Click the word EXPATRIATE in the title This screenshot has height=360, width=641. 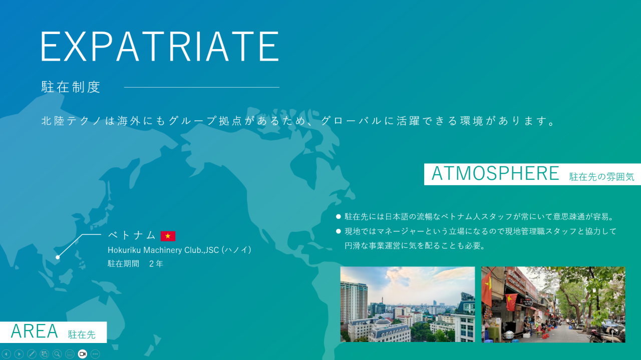[x=160, y=46]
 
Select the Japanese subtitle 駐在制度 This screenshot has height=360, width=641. [x=71, y=87]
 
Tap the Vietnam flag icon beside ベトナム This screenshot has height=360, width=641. [x=168, y=236]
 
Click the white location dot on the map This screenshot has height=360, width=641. [x=58, y=257]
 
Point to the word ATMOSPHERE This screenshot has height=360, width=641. [x=495, y=173]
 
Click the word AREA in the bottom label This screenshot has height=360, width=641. [x=35, y=331]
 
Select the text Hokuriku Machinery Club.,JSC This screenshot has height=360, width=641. [x=163, y=250]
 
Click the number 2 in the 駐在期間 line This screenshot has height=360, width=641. [x=151, y=263]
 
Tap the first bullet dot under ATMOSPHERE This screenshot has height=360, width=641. [x=338, y=217]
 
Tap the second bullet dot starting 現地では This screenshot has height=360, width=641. [x=338, y=231]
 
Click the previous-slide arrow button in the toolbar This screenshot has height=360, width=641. [x=7, y=354]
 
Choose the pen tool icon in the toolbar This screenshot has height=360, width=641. [x=32, y=354]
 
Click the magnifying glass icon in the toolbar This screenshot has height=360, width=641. [x=57, y=354]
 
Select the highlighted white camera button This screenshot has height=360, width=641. [x=83, y=354]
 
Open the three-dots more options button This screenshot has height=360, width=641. [x=95, y=354]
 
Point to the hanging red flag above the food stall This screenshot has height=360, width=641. [x=511, y=302]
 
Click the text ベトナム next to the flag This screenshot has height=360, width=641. [x=132, y=235]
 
